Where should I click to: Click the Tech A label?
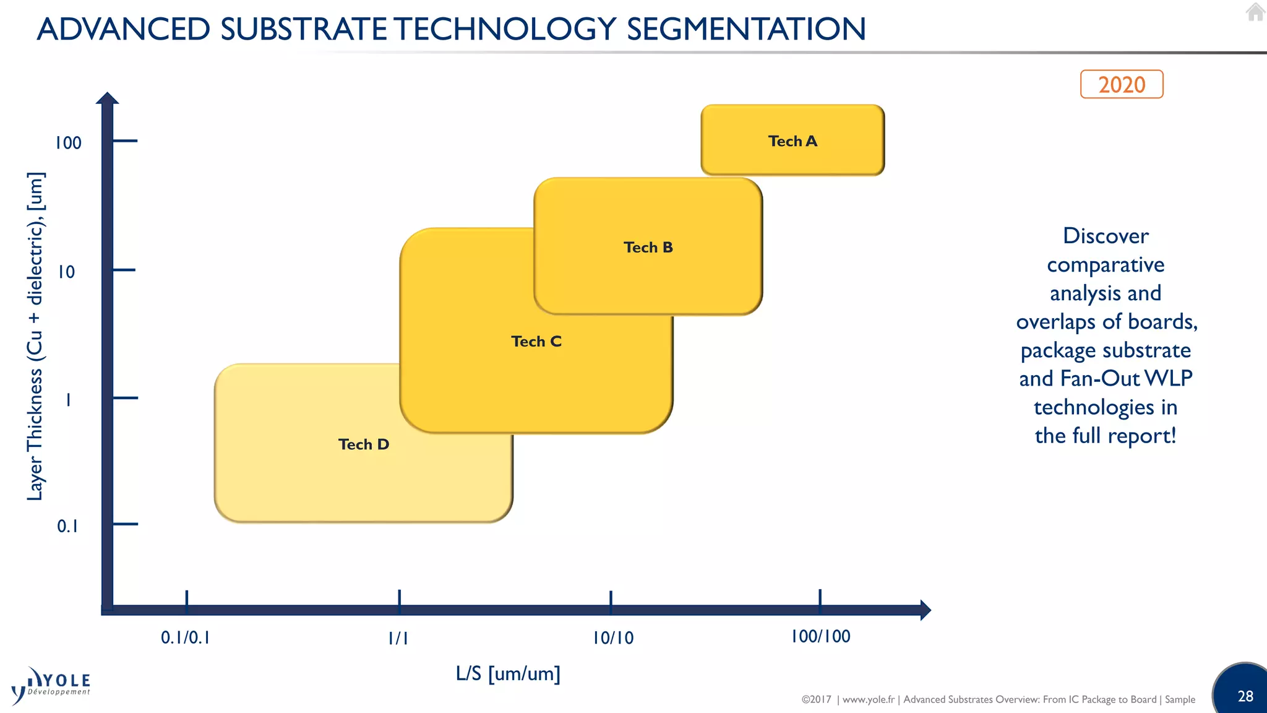(x=792, y=141)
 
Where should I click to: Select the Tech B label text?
(x=648, y=248)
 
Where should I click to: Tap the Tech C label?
(x=536, y=342)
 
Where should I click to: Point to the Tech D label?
(x=364, y=444)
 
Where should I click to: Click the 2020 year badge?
(x=1122, y=84)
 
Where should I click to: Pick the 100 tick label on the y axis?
(x=68, y=143)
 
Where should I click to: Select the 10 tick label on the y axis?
(x=66, y=272)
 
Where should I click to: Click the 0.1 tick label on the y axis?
(x=67, y=526)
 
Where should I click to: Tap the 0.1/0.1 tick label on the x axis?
(x=185, y=637)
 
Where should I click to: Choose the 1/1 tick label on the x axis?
(x=398, y=638)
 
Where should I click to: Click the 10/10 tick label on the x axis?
(x=613, y=638)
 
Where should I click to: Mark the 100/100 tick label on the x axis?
(x=820, y=636)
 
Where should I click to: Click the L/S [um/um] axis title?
(x=508, y=673)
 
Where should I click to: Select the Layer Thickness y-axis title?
(x=35, y=336)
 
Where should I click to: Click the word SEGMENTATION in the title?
(x=746, y=29)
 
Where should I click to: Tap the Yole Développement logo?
(x=51, y=686)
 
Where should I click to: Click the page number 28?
(x=1245, y=696)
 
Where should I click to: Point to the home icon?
(x=1255, y=12)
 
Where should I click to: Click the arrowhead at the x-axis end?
(x=925, y=610)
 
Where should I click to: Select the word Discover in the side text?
(x=1106, y=236)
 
